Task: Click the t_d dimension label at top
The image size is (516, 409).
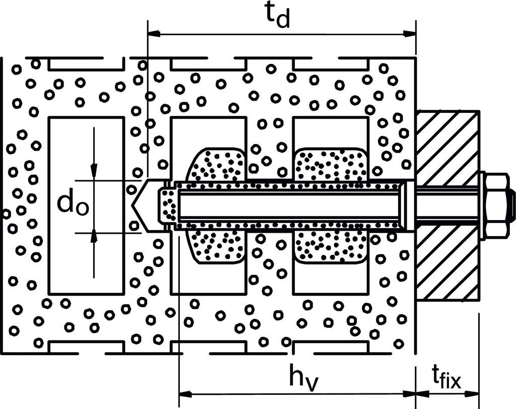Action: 278,16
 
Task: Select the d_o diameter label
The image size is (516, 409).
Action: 73,204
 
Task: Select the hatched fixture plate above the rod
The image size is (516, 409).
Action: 447,148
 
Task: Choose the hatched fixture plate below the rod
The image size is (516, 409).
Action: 447,262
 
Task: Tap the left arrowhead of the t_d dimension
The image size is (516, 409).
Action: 154,33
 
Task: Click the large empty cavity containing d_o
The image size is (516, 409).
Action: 87,206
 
